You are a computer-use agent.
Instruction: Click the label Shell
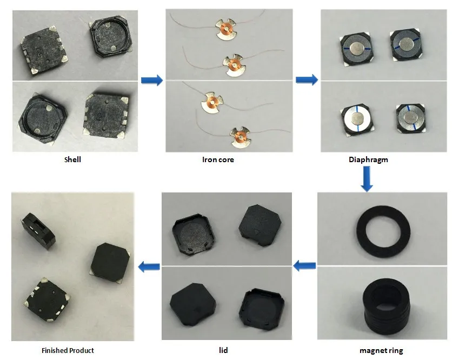(x=72, y=160)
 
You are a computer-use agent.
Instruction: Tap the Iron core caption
(x=218, y=160)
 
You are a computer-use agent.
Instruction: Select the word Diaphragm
(x=369, y=160)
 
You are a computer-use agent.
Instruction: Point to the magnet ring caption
(x=381, y=350)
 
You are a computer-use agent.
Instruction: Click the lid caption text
(x=223, y=350)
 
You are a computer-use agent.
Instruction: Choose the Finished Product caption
(x=71, y=350)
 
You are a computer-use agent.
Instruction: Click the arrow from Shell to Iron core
(x=151, y=81)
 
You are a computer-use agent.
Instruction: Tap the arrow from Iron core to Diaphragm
(x=307, y=81)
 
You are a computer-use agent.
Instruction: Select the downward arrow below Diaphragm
(x=367, y=179)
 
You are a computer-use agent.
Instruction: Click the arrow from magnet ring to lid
(x=304, y=265)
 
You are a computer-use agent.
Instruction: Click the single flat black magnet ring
(x=381, y=227)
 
